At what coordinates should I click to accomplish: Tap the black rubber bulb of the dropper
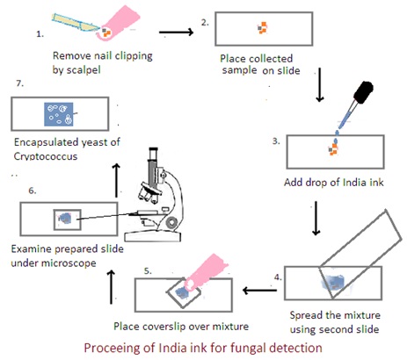pyautogui.click(x=363, y=91)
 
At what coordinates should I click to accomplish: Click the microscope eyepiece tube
pyautogui.click(x=153, y=169)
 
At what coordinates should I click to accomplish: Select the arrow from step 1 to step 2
pyautogui.click(x=176, y=32)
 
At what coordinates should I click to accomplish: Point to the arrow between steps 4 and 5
pyautogui.click(x=259, y=291)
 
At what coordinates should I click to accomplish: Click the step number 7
pyautogui.click(x=20, y=83)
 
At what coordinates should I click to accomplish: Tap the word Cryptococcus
pyautogui.click(x=46, y=156)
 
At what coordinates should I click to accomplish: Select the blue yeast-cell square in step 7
pyautogui.click(x=58, y=114)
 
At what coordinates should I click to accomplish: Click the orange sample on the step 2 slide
pyautogui.click(x=263, y=28)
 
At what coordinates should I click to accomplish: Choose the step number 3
pyautogui.click(x=276, y=141)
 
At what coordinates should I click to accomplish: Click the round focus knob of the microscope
pyautogui.click(x=172, y=222)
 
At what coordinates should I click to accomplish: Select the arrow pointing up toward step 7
pyautogui.click(x=116, y=180)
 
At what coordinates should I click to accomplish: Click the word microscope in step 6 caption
pyautogui.click(x=69, y=263)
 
